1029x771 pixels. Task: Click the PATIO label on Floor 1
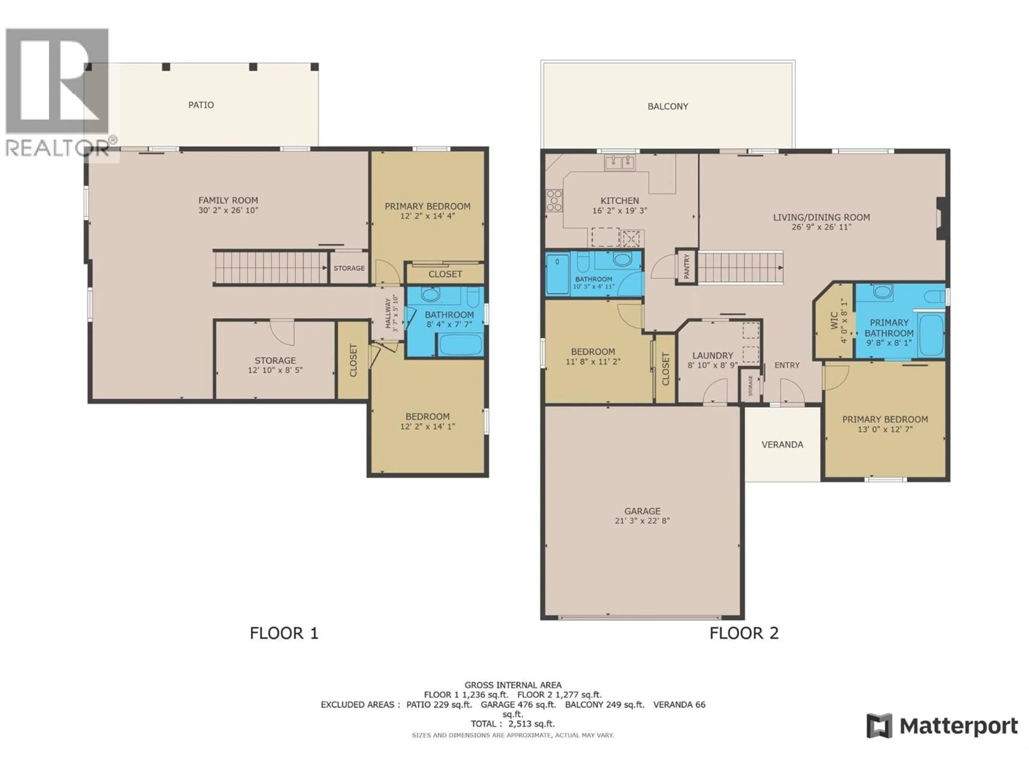[x=201, y=105]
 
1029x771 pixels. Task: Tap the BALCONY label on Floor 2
[x=668, y=107]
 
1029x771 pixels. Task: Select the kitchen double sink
[x=620, y=163]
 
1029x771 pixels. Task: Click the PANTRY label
[x=686, y=267]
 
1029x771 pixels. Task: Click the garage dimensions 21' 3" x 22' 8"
[x=642, y=521]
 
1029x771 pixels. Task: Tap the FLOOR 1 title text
[x=284, y=633]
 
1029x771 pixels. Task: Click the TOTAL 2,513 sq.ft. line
[x=513, y=724]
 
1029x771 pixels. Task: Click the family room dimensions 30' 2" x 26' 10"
[x=228, y=210]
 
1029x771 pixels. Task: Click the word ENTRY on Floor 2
[x=787, y=365]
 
